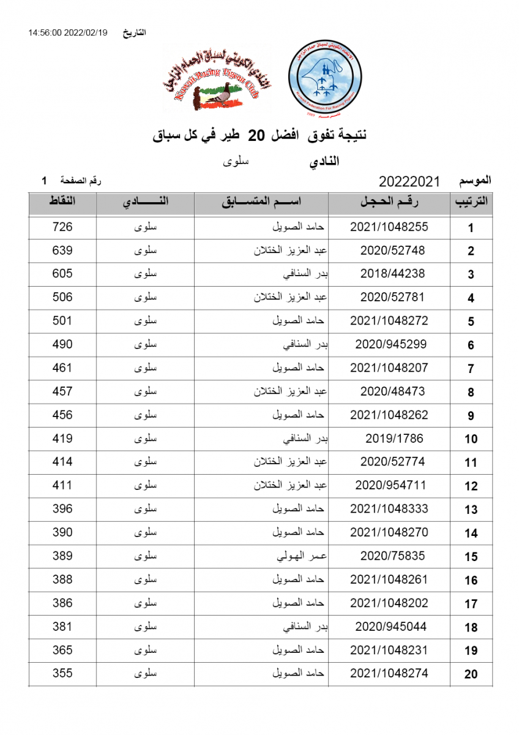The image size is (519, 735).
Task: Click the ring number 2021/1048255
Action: (389, 227)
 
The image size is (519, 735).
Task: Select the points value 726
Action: (62, 227)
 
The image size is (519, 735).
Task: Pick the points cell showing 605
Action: (62, 274)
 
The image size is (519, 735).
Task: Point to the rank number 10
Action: (471, 439)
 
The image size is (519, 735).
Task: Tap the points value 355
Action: (62, 674)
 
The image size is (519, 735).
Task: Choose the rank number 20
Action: (471, 674)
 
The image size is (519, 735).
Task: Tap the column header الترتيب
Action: (471, 203)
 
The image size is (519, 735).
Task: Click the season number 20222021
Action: (409, 182)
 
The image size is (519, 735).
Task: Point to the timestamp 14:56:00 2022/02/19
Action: (67, 32)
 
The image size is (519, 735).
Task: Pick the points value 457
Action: (62, 391)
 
